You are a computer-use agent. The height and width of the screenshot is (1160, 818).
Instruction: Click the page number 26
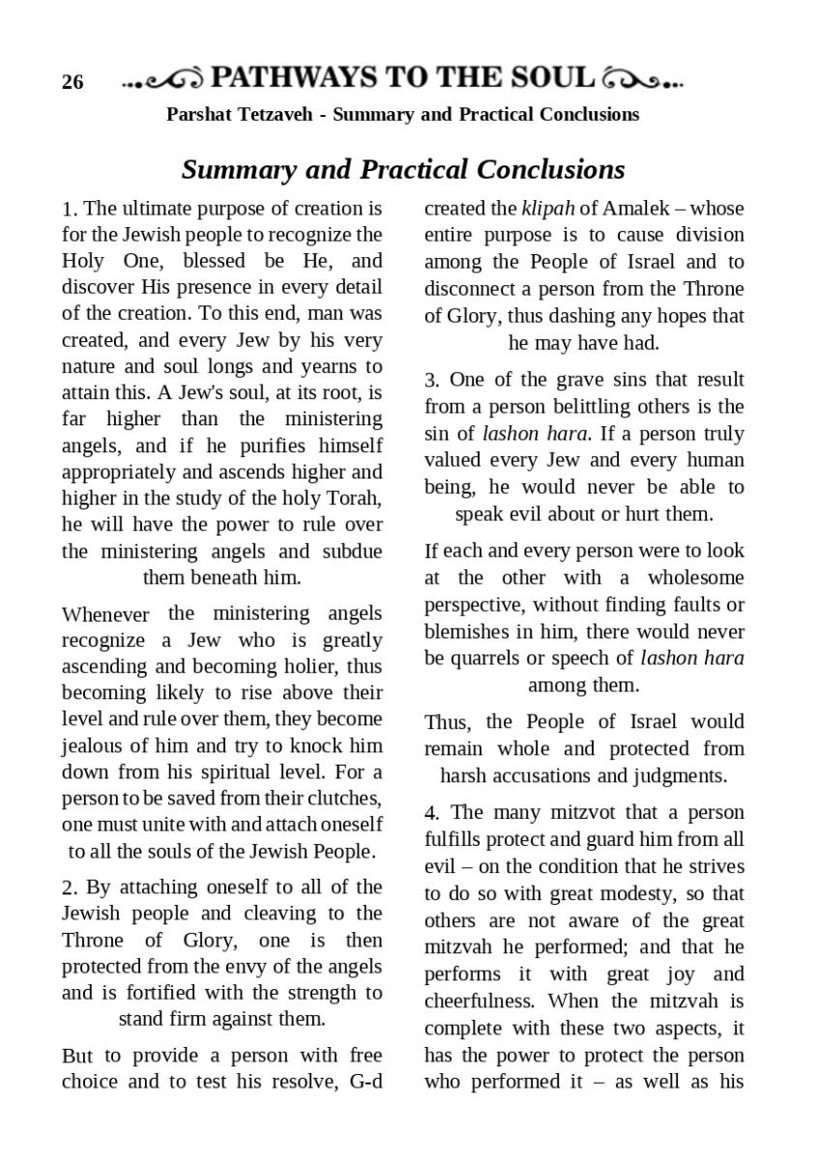point(73,82)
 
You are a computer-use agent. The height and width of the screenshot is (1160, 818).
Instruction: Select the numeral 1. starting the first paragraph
point(69,209)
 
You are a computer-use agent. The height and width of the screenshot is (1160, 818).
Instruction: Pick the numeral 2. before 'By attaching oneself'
point(69,887)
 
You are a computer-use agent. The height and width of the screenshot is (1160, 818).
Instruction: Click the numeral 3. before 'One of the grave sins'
point(431,380)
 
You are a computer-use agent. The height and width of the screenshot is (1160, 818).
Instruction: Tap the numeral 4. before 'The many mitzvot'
point(432,812)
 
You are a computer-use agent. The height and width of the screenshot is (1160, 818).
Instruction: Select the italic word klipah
point(547,208)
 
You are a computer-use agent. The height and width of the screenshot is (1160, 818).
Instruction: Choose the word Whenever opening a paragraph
point(105,614)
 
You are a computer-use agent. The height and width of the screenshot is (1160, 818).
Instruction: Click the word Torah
point(356,499)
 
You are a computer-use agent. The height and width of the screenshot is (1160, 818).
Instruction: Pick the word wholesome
point(695,578)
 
